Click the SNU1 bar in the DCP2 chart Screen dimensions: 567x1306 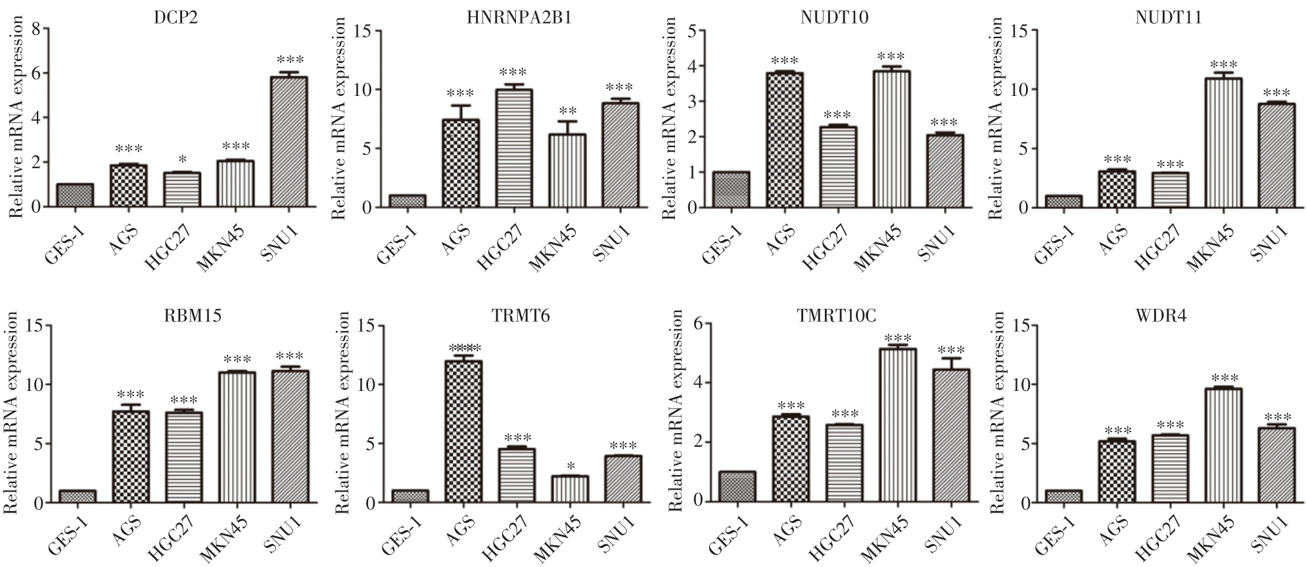pos(289,142)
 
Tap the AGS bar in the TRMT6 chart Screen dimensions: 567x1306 pos(463,432)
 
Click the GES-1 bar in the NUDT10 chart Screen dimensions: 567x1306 pos(730,190)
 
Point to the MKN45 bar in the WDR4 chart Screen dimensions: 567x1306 pos(1223,446)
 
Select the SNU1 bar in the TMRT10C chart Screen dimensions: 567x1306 pos(951,436)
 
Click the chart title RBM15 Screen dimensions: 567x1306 pos(202,316)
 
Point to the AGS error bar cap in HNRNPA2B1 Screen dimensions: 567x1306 pos(460,105)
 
